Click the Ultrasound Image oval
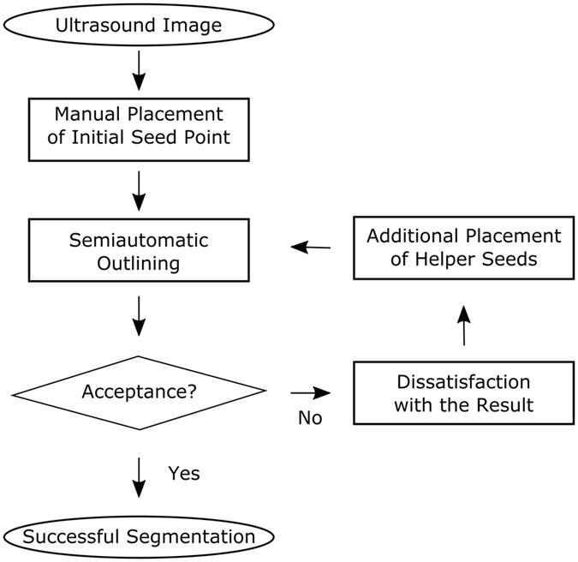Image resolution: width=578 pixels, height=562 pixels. [138, 25]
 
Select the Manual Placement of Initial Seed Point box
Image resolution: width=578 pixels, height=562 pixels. [138, 126]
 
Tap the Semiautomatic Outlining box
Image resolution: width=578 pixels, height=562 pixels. [138, 250]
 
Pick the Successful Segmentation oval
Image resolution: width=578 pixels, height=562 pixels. [138, 537]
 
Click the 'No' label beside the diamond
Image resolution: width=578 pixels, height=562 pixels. [310, 419]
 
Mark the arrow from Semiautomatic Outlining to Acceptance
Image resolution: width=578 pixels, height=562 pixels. [138, 316]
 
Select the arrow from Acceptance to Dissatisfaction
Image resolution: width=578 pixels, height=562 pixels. [310, 392]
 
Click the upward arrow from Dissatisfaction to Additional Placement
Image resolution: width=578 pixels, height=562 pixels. [463, 326]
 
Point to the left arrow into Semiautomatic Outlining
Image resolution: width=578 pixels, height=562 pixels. [311, 248]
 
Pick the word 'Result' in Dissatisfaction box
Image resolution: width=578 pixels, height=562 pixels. [507, 404]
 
